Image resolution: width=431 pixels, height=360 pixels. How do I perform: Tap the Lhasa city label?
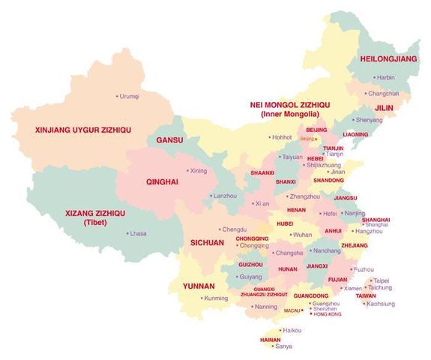pos(138,233)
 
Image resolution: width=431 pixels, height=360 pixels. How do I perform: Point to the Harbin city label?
pos(385,77)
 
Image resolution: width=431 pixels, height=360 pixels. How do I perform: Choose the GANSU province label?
pos(169,140)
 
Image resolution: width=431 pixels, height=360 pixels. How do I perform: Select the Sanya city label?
pos(283,346)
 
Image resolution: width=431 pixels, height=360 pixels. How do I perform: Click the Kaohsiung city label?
pos(380,304)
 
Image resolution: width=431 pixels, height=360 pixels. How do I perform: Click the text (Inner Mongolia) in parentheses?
pos(290,114)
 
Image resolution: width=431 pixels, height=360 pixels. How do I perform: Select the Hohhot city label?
pos(282,137)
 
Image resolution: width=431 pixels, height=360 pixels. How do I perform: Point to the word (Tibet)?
pos(95,222)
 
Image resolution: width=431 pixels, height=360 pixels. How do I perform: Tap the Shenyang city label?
pos(368,120)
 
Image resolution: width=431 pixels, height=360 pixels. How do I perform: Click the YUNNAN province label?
pos(199,285)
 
